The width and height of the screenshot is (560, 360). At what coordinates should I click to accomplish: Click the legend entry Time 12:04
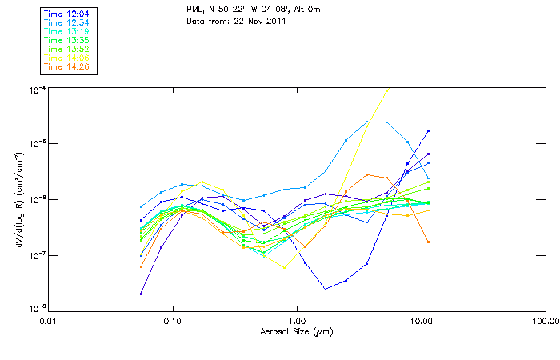[x=67, y=14]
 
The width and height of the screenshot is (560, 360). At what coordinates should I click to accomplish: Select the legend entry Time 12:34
[x=67, y=22]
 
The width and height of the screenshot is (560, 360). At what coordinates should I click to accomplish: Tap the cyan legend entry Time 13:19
[x=67, y=31]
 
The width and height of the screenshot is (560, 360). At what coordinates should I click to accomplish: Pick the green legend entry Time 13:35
[x=67, y=40]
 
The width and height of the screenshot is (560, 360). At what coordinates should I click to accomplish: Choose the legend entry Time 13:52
[x=67, y=49]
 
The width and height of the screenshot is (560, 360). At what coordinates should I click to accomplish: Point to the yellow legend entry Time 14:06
[x=67, y=58]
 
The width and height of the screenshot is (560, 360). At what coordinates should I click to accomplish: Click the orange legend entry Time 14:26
[x=67, y=66]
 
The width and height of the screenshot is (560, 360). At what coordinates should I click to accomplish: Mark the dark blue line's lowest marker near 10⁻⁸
[x=141, y=294]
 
